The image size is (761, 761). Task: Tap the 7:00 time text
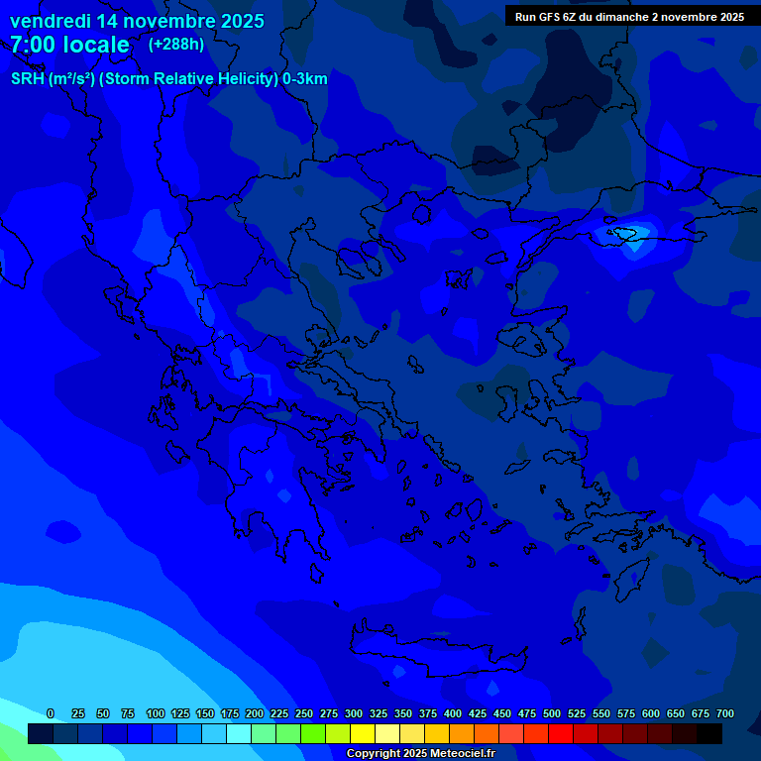coord(35,45)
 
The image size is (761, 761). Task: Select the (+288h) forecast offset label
coord(178,45)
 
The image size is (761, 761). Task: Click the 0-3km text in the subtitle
coord(305,79)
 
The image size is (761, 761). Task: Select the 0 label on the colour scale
coord(51,713)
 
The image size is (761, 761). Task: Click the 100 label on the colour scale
coord(156,713)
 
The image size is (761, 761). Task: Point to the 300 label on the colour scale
coord(354,713)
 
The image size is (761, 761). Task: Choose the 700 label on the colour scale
coord(725,713)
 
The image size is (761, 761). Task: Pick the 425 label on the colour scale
coord(478,713)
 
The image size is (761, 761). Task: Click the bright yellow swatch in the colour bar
coord(363,734)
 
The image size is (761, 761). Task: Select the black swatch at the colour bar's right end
coord(709,734)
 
